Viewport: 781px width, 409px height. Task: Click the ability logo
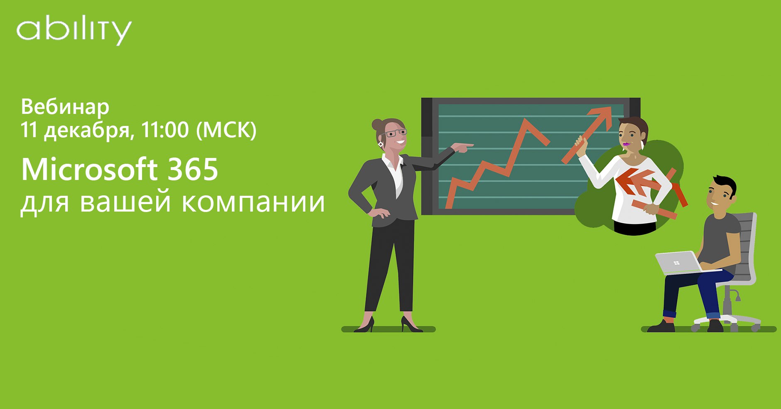pos(74,30)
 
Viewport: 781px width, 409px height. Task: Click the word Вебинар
pos(65,107)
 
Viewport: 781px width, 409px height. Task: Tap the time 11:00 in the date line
pos(165,130)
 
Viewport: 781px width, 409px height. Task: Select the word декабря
pos(89,131)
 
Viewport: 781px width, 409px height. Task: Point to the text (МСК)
pos(226,130)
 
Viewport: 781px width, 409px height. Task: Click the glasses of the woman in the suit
pos(395,133)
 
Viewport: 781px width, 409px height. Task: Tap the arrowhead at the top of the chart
pos(602,115)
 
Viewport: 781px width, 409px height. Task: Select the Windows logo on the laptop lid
pos(676,263)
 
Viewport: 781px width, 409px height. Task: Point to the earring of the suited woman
pos(380,144)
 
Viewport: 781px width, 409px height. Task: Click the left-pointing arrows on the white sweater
pos(636,182)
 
